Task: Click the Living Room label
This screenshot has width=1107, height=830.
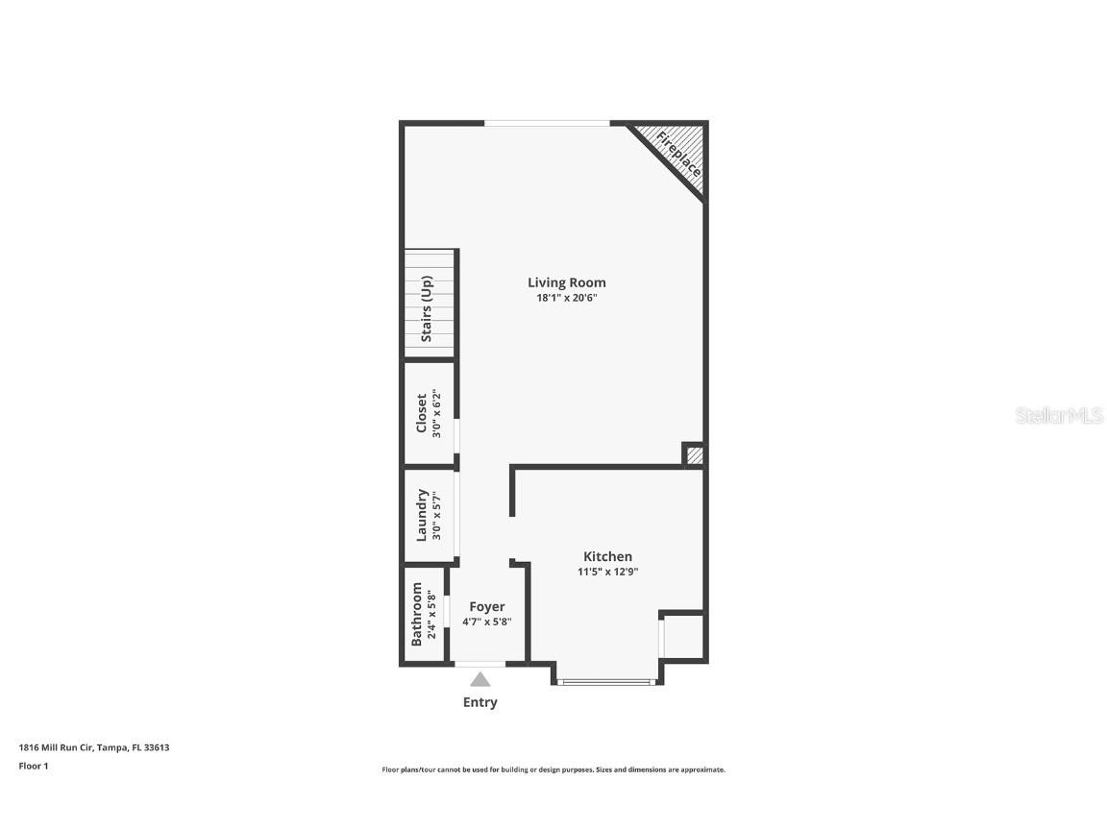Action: point(566,282)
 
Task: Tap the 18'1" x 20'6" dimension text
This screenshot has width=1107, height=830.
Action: point(566,298)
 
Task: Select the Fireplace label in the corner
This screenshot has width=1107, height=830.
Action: point(678,154)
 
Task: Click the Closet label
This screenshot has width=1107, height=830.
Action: point(422,413)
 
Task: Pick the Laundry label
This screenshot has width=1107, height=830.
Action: point(422,516)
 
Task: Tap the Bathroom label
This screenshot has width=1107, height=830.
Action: point(417,614)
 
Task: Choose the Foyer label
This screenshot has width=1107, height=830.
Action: point(486,607)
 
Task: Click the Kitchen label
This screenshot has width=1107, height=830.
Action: point(607,556)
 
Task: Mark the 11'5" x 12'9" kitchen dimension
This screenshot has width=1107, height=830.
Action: point(607,572)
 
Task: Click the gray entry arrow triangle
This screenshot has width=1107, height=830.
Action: point(480,679)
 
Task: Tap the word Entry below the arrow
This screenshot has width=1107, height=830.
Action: point(480,702)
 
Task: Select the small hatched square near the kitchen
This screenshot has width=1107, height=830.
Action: point(694,455)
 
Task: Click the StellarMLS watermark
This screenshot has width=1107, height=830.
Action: point(1058,415)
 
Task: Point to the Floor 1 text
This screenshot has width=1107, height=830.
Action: point(33,766)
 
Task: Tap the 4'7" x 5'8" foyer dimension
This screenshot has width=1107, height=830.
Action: point(486,622)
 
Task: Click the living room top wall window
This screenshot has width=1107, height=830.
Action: point(546,123)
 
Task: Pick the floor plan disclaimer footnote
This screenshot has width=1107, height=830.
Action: point(553,769)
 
